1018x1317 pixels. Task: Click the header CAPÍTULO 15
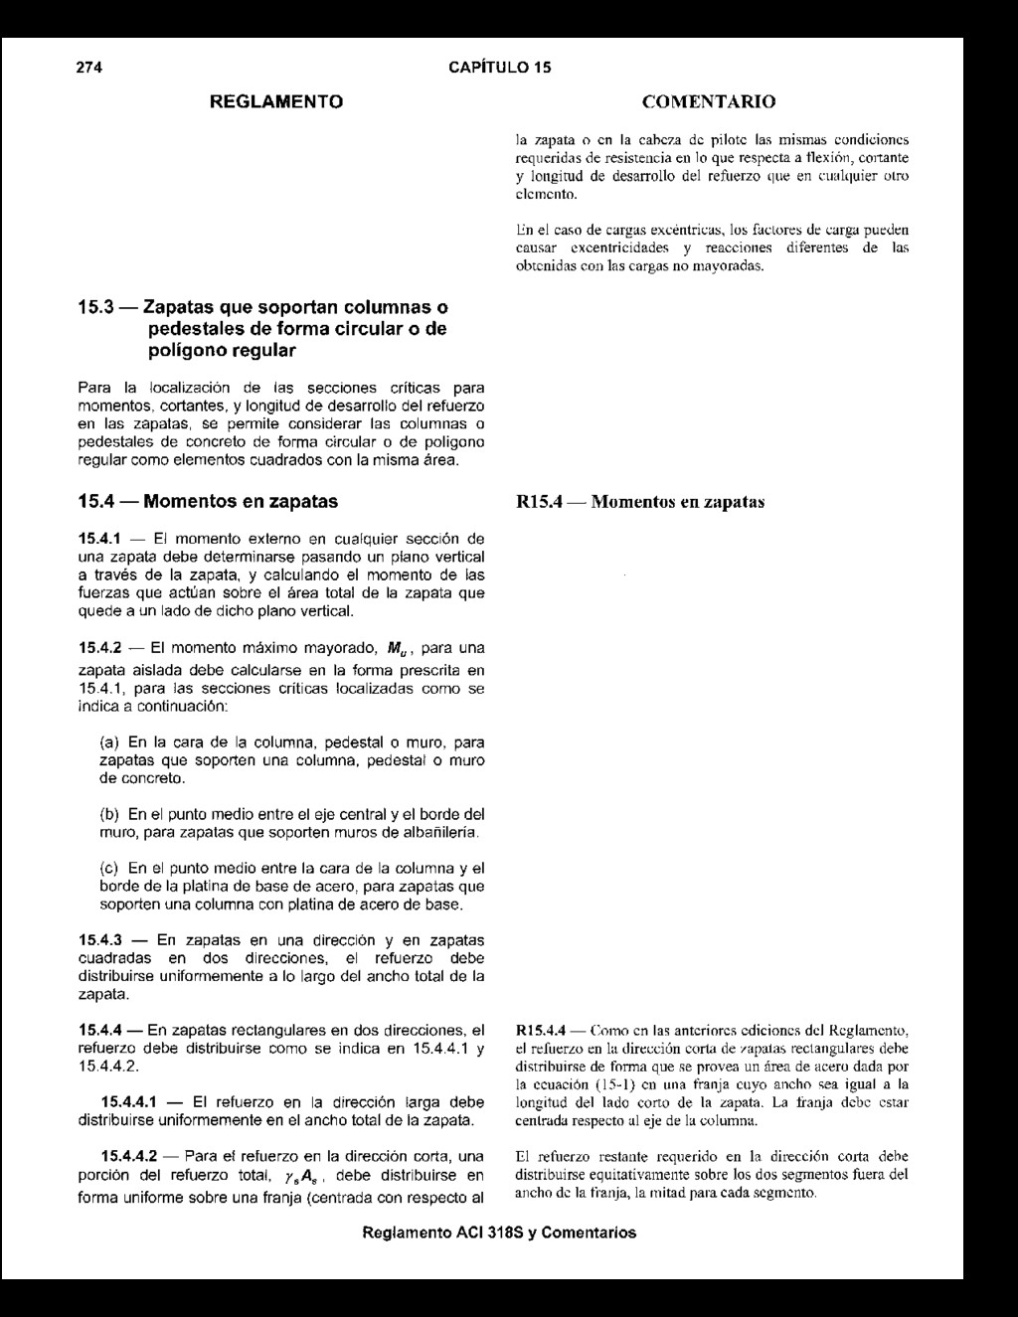point(500,68)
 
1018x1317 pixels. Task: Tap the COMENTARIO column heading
point(710,101)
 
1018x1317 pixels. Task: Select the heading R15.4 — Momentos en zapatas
point(640,502)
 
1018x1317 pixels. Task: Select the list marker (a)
point(109,742)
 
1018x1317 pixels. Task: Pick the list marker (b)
point(109,813)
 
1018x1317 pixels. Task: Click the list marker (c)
point(109,868)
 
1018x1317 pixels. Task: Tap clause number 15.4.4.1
point(129,1102)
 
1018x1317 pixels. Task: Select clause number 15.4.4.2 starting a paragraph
point(129,1156)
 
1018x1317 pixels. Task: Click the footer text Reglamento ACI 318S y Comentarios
point(500,1233)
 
